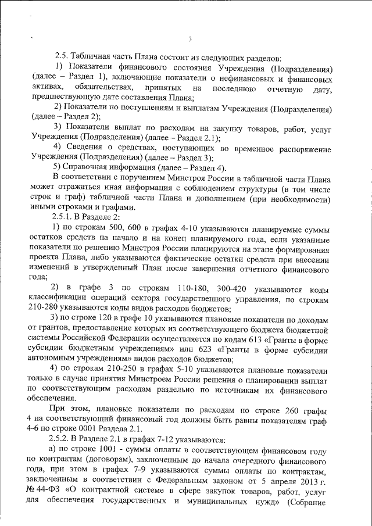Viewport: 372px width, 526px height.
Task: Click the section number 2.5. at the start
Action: coord(62,58)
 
